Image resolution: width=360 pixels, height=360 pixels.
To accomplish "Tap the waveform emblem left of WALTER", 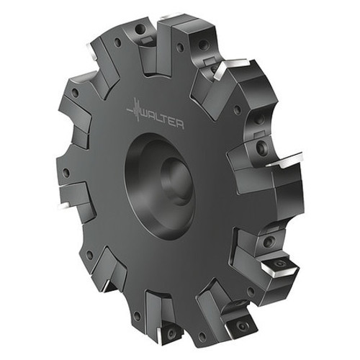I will tap(133, 112).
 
